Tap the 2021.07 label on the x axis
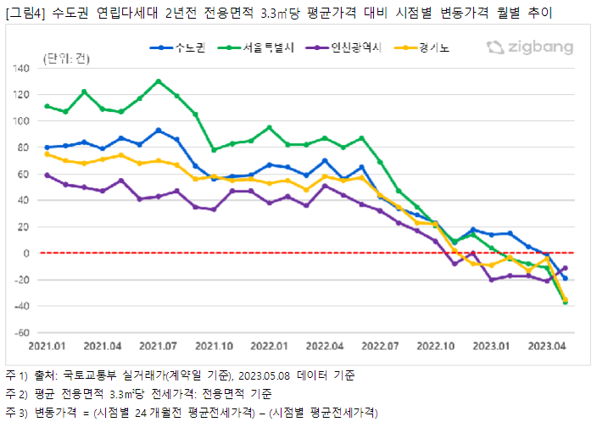158,346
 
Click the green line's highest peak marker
159,81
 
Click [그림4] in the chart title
23,12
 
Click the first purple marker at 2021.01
47,175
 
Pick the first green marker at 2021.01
47,106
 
